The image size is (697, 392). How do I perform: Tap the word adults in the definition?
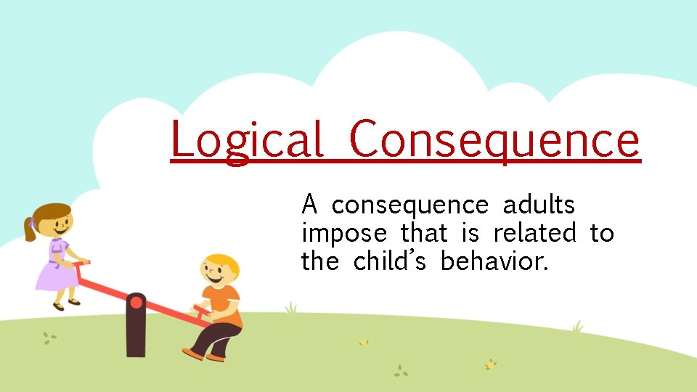539,205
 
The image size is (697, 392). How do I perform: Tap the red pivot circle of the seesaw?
136,301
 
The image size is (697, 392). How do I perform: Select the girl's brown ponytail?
30,229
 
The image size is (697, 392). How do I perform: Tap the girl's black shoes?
65,303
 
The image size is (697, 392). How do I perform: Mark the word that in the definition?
423,233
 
